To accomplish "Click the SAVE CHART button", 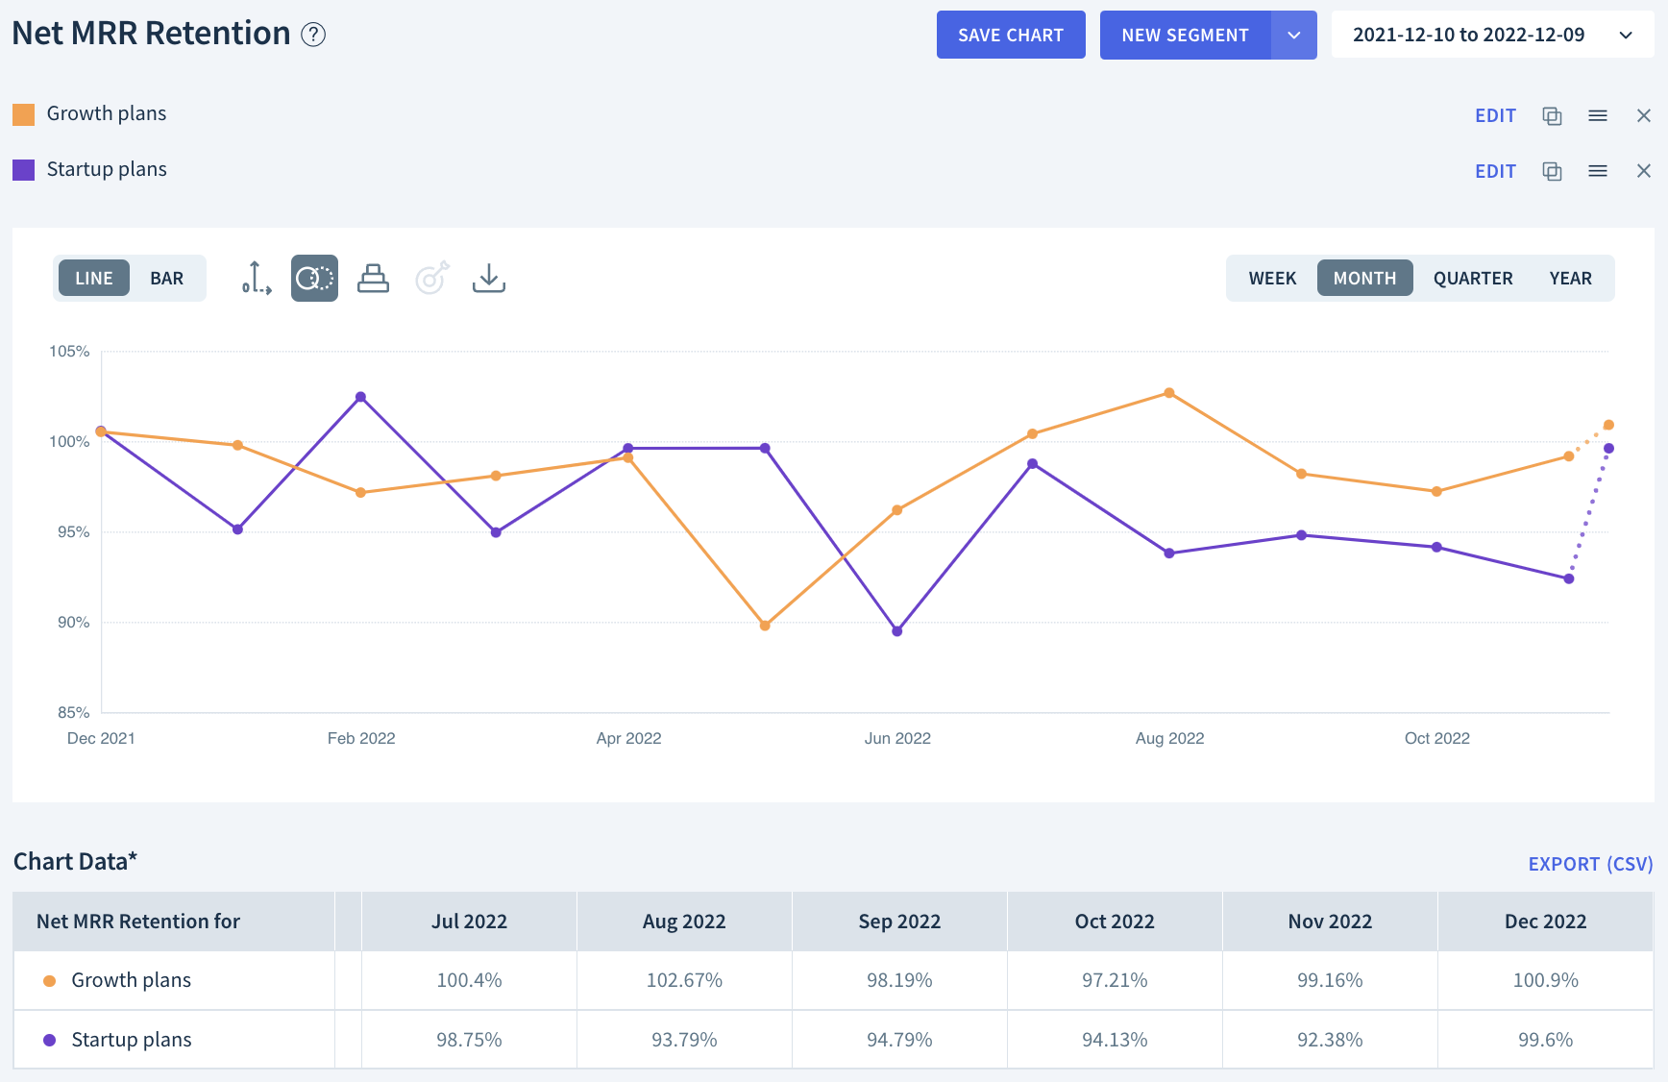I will click(1010, 36).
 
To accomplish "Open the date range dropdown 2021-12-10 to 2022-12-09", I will click(1490, 36).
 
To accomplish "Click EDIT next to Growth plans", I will click(1495, 116).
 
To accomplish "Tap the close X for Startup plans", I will click(1643, 171).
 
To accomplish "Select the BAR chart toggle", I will click(166, 279).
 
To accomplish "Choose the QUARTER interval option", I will click(1472, 279).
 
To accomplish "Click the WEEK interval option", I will click(1272, 279).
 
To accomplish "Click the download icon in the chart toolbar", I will click(488, 279).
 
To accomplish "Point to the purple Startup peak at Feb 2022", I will click(360, 397).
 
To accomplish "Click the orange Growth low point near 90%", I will click(765, 626).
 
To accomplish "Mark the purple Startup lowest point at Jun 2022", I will click(896, 631).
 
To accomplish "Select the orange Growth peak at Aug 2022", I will click(1168, 393).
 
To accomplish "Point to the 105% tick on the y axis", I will click(69, 352).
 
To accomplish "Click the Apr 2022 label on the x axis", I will click(628, 738).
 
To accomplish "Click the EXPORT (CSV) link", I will click(1589, 864).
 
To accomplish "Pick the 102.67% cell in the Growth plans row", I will click(683, 980).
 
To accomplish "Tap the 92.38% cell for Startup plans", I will click(1329, 1040).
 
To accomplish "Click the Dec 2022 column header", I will click(1544, 922).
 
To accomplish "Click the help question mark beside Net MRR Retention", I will click(313, 35).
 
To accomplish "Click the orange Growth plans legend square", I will click(24, 114).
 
